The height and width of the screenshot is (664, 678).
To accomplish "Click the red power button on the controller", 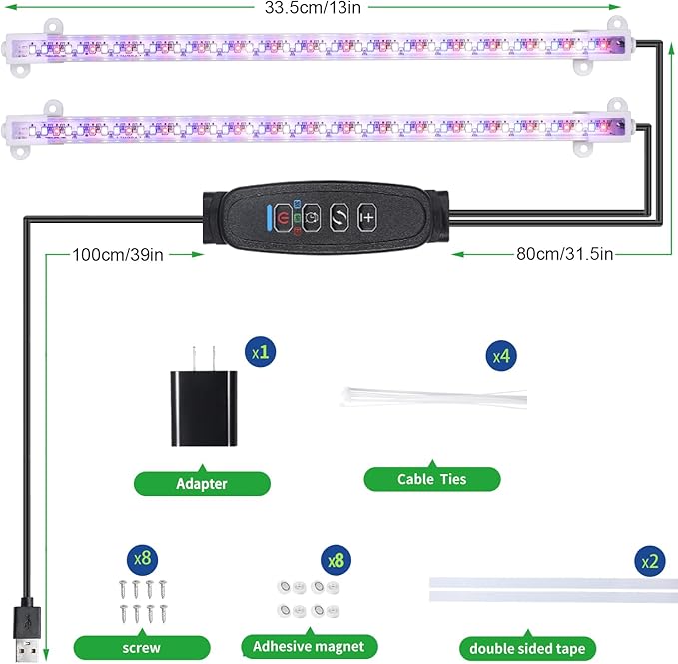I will tap(285, 216).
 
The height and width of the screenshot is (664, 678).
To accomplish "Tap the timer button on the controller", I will tap(312, 216).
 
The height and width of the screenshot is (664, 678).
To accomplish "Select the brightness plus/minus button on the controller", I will tap(367, 216).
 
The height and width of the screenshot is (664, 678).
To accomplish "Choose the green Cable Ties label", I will tap(431, 479).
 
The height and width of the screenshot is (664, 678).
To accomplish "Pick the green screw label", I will tap(142, 647).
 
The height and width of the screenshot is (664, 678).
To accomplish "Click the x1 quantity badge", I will tap(262, 353).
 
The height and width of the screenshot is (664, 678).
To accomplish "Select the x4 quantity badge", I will tap(500, 354).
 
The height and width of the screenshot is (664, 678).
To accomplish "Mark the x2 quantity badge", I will tap(651, 562).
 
